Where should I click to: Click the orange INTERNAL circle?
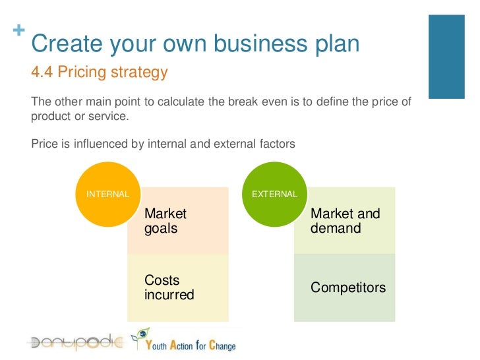[107, 194]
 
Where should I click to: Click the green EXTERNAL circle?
[274, 194]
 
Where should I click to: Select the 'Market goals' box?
[178, 222]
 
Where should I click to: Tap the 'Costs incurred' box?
[178, 288]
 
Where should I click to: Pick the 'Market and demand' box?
[345, 222]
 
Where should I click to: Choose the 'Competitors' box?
[345, 288]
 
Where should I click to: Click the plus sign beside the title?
[16, 31]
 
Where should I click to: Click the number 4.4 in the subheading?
[42, 73]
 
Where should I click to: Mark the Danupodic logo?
[74, 342]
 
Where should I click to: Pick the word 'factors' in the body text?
[277, 143]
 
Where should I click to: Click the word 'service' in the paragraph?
[108, 117]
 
